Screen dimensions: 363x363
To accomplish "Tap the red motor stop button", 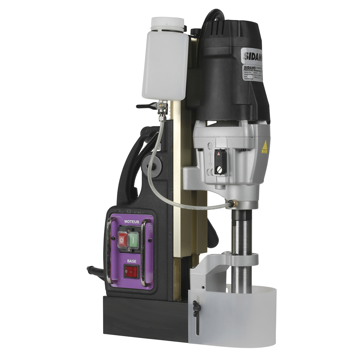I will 122,240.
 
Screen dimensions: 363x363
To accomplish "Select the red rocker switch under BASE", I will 131,271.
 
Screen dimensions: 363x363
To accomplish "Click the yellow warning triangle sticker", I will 265,146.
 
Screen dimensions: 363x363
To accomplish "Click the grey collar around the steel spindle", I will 240,258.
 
